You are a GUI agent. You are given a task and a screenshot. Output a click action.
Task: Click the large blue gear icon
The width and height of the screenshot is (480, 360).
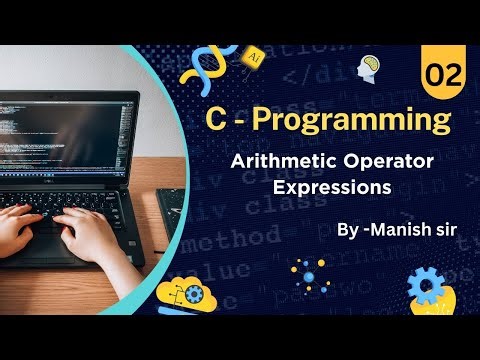pyautogui.click(x=427, y=285)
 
